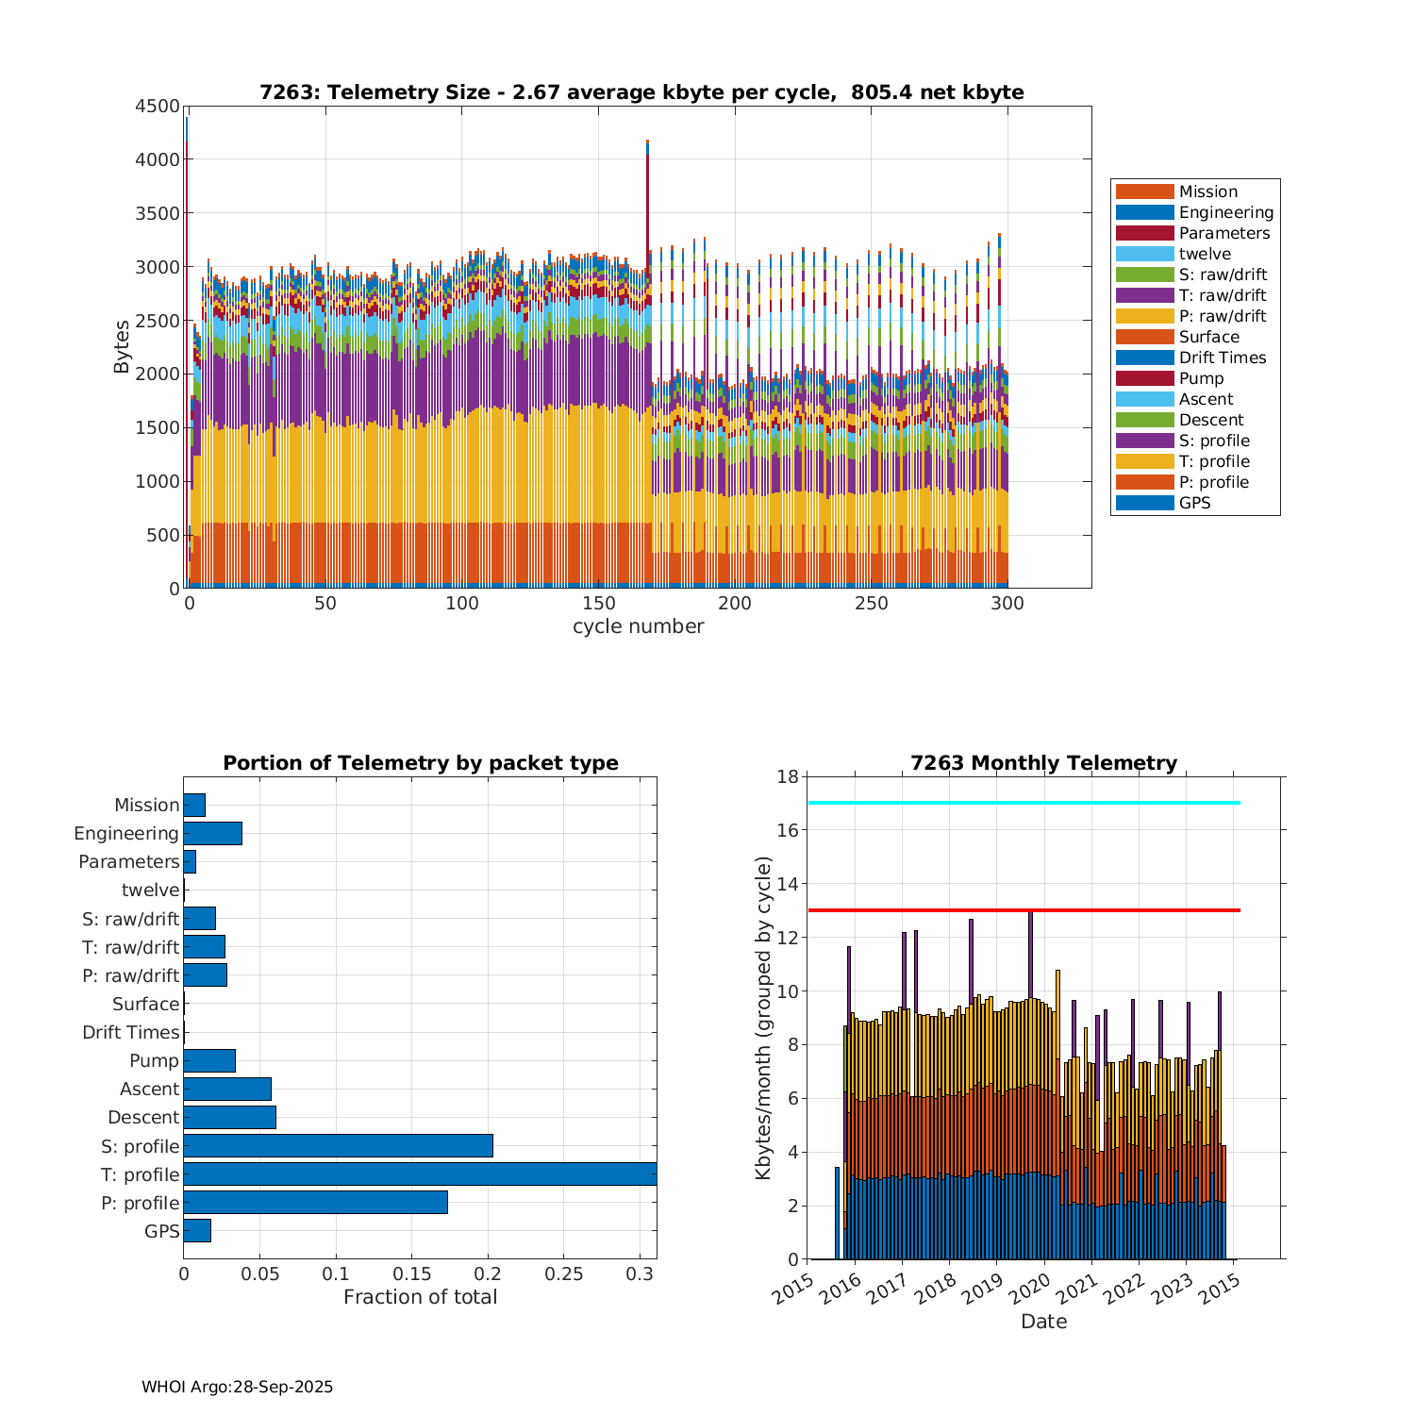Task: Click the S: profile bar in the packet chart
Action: tap(338, 1146)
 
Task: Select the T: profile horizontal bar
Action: tap(420, 1174)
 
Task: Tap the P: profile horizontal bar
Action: tap(315, 1203)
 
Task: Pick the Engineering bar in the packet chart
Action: tap(212, 833)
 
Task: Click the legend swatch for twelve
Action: tap(1144, 254)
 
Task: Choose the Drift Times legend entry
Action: tap(1222, 358)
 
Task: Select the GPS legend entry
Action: tap(1194, 503)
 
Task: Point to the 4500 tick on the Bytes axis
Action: tap(157, 107)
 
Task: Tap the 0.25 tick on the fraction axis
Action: tap(563, 1274)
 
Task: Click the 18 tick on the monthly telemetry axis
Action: tap(787, 776)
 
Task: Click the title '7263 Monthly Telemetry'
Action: tap(1043, 763)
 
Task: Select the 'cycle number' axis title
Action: tap(638, 626)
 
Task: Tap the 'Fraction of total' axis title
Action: tap(420, 1297)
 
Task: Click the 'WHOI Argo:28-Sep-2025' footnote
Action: tap(237, 1387)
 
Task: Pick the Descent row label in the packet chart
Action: tap(143, 1117)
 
